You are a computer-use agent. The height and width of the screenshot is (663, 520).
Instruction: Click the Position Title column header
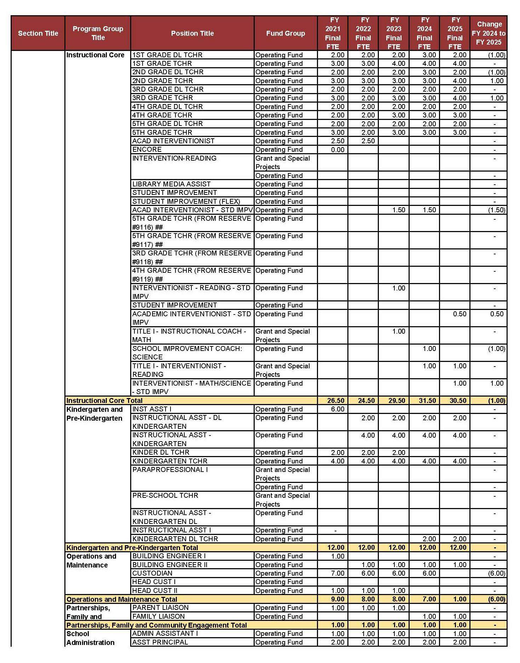click(x=192, y=33)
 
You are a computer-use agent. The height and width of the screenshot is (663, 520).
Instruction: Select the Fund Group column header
click(x=285, y=33)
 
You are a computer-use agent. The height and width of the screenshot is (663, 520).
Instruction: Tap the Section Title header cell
click(x=38, y=33)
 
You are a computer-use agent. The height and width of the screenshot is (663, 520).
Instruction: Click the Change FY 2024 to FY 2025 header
click(x=489, y=33)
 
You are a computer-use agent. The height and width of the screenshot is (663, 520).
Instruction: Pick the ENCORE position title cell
click(x=147, y=149)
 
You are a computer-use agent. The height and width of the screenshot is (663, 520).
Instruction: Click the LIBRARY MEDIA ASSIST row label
click(x=172, y=184)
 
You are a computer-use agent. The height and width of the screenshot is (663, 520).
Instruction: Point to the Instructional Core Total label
click(x=104, y=400)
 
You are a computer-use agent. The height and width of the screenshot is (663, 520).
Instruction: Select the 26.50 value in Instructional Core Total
click(x=335, y=400)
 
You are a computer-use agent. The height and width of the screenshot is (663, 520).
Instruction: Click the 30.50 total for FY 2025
click(x=457, y=400)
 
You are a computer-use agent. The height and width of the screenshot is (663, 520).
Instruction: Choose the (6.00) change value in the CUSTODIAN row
click(x=496, y=573)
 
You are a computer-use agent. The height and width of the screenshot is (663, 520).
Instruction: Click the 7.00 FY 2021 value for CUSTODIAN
click(x=337, y=573)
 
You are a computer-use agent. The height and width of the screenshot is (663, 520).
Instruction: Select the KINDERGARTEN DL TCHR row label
click(x=175, y=539)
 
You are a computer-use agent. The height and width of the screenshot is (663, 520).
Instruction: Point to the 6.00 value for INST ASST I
click(x=337, y=409)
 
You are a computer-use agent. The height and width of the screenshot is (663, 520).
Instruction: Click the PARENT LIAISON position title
click(x=161, y=607)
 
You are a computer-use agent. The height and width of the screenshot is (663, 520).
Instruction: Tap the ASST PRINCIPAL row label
click(x=160, y=642)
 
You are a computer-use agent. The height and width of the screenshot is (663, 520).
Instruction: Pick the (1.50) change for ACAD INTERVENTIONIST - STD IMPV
click(x=496, y=210)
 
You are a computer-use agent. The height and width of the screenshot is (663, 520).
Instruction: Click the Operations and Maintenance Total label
click(x=122, y=599)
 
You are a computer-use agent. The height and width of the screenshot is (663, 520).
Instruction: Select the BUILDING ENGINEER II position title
click(x=170, y=565)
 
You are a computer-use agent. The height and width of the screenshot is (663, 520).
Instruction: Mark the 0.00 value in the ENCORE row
click(x=337, y=149)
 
